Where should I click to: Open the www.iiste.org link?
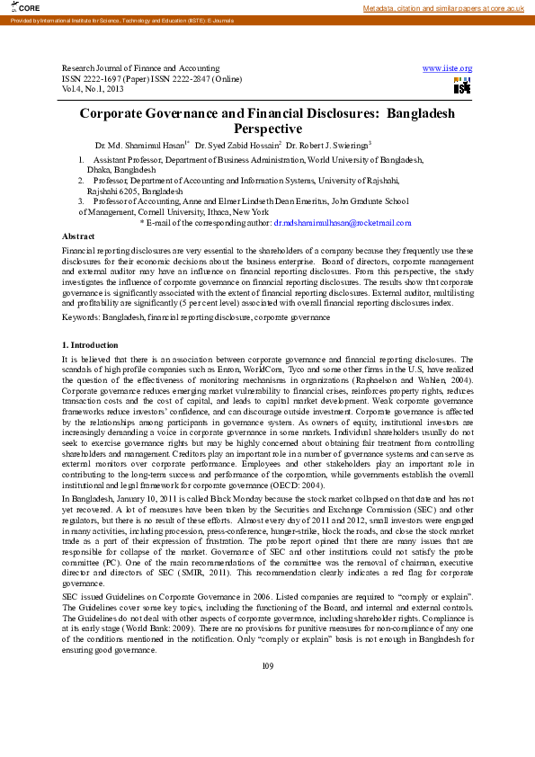(x=447, y=68)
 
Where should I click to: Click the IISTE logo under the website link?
(x=462, y=86)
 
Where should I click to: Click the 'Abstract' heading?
(x=76, y=236)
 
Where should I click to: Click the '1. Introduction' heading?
(x=89, y=345)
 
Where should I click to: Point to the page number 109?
(x=267, y=690)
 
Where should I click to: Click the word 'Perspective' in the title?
(x=267, y=129)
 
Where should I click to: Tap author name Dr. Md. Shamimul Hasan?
(x=140, y=145)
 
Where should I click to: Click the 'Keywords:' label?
(x=81, y=317)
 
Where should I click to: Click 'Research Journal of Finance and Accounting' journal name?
(x=140, y=68)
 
